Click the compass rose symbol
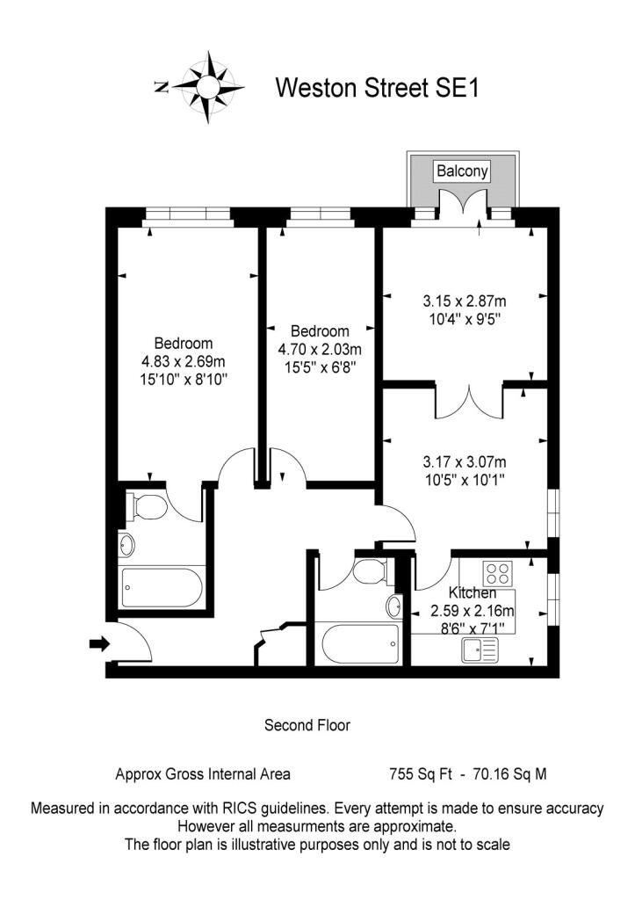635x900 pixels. coord(208,87)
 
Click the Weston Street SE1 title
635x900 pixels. coord(377,89)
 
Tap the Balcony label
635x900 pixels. coord(462,171)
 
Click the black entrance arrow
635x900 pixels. coord(99,643)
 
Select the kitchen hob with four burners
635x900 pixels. coord(497,572)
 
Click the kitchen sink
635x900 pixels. coord(480,650)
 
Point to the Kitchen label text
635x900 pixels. coord(473,593)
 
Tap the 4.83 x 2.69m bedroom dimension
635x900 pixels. coord(184,361)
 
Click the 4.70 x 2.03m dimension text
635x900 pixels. coord(320,349)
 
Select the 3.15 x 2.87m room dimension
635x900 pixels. coord(465,301)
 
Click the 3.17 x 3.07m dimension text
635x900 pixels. coord(465,461)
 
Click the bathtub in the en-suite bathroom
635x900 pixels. coord(162,587)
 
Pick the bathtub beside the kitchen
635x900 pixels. coord(361,642)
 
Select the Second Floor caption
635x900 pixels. coord(307,725)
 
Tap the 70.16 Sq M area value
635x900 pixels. coord(509,774)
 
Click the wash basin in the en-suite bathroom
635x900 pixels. coord(127,545)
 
